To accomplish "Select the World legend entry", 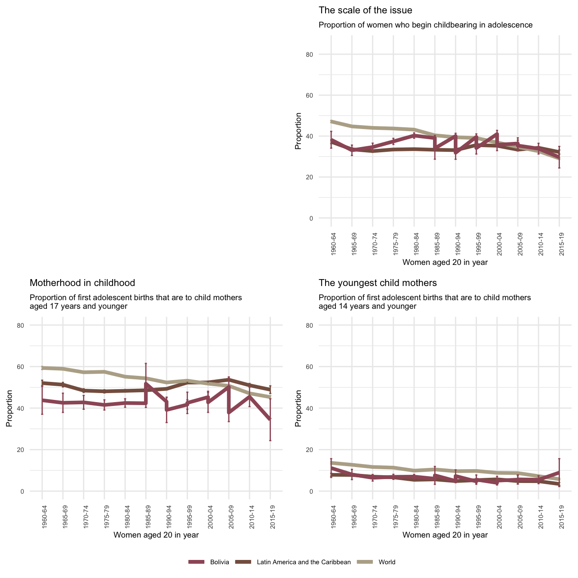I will [387, 562].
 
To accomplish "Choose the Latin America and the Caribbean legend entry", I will [304, 562].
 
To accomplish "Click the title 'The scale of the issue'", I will [366, 10].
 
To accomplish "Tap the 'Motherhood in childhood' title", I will [82, 283].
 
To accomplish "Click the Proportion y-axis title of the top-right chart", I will [298, 131].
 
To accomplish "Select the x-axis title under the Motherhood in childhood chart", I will [156, 535].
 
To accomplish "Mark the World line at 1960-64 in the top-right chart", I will [332, 122].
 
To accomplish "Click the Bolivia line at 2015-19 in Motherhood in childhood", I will [270, 419].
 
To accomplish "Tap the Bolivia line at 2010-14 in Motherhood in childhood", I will [249, 396].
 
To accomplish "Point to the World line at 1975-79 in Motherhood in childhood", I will [105, 372].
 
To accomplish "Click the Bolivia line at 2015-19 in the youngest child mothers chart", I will [559, 472].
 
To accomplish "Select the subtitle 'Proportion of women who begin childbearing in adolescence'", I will [425, 25].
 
